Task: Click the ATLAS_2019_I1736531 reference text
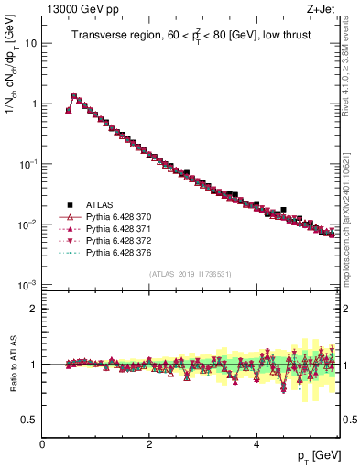tap(190, 274)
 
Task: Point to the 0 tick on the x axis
tap(42, 443)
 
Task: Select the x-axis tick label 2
tap(148, 443)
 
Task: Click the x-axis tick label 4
tap(256, 443)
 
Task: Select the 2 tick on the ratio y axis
tap(33, 309)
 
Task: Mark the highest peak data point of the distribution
tap(74, 95)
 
